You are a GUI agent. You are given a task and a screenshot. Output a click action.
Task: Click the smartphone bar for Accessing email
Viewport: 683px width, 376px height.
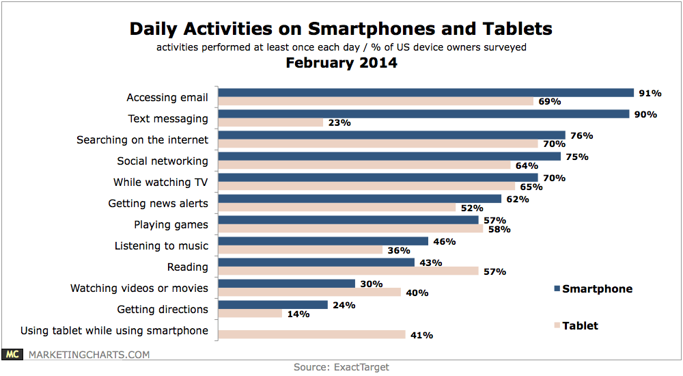[426, 93]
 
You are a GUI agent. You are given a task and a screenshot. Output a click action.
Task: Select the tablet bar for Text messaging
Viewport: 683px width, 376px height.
[270, 123]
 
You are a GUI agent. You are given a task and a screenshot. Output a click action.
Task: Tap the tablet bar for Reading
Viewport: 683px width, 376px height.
[348, 271]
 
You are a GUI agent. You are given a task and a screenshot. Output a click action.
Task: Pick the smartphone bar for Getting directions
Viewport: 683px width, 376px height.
[273, 305]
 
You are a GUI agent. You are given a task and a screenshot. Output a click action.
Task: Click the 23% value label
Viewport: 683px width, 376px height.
[339, 123]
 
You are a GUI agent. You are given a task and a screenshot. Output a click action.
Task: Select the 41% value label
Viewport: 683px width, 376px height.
[422, 335]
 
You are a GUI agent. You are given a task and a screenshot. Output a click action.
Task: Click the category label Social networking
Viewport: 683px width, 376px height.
[163, 161]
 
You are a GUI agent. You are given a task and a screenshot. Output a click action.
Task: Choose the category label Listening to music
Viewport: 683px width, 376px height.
[162, 245]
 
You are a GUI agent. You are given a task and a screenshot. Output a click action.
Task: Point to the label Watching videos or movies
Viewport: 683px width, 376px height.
[139, 288]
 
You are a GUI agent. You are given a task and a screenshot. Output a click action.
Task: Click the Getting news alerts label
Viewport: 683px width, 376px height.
[158, 204]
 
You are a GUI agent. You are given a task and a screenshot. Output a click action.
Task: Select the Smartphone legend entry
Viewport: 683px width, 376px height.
[592, 288]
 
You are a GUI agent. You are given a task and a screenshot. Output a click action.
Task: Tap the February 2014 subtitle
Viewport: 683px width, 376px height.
[341, 64]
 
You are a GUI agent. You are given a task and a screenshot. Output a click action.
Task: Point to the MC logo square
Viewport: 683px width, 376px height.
[12, 354]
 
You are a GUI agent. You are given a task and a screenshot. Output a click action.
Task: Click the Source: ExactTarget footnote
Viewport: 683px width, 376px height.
[341, 367]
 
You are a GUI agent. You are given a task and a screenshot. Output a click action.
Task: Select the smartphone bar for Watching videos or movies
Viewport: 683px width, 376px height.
[286, 284]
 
